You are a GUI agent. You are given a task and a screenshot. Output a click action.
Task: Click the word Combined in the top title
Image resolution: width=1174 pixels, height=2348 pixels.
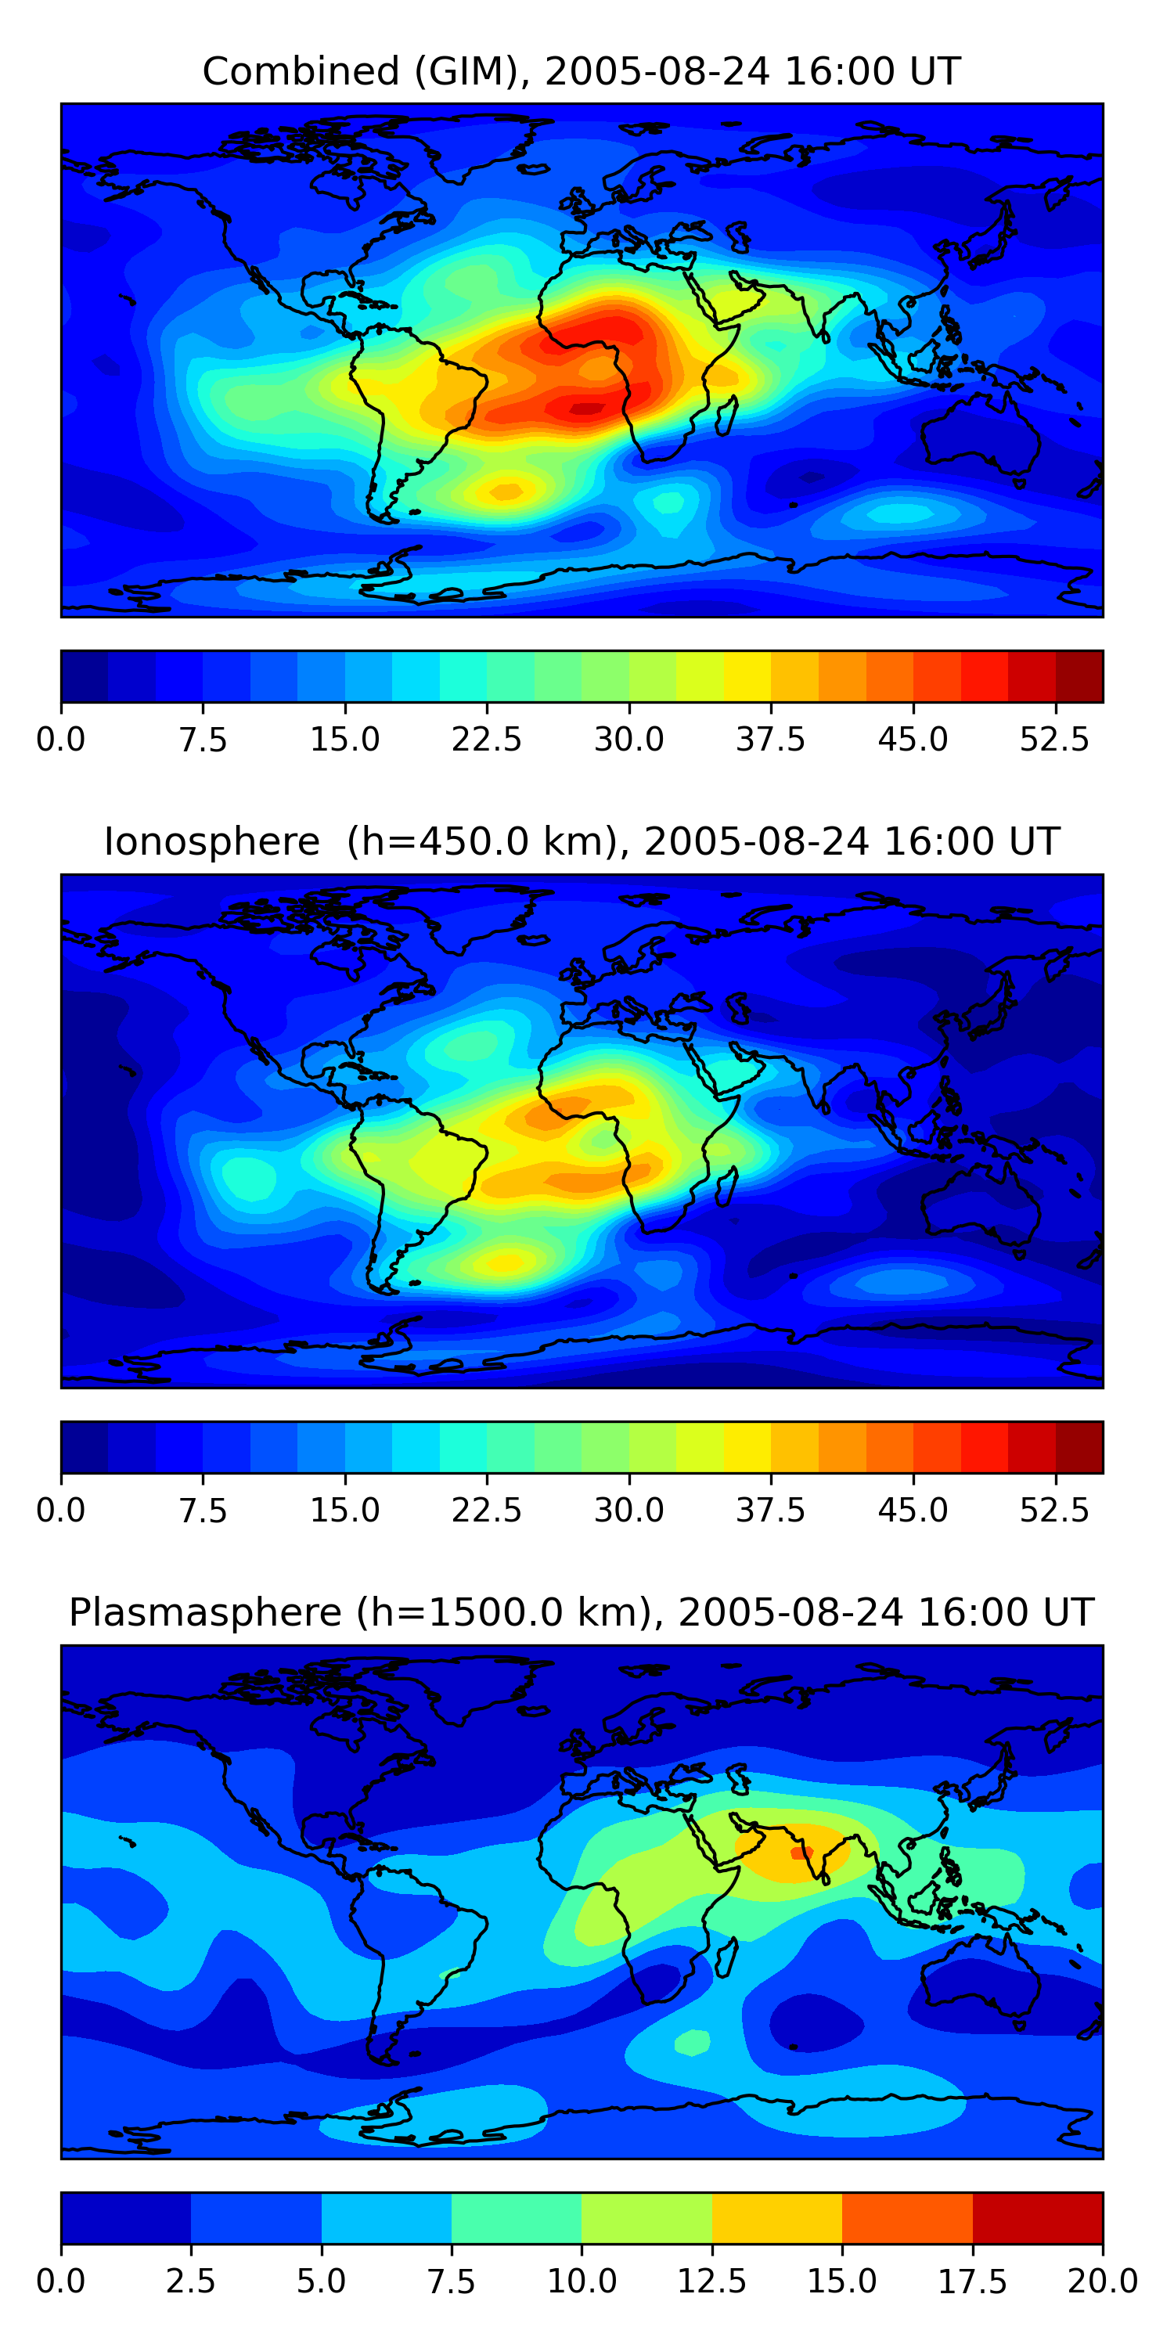point(301,71)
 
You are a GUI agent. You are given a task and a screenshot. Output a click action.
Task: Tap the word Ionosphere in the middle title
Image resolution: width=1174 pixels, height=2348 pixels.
point(211,841)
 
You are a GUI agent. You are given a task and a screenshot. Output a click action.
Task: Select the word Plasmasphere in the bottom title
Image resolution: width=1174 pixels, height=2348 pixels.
point(205,1612)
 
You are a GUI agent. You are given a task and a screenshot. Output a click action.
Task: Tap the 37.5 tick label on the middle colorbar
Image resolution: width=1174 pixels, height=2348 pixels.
point(771,1511)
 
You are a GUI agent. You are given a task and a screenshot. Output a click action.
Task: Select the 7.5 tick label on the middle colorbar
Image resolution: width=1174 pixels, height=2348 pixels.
point(203,1511)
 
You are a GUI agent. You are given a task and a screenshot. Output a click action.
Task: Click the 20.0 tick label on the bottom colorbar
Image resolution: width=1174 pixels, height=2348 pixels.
point(1103,2281)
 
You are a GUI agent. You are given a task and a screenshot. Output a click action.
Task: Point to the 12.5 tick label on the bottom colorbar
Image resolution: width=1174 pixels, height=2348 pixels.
point(712,2281)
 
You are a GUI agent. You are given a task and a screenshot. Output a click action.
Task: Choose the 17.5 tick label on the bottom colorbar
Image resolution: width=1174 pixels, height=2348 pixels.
point(973,2281)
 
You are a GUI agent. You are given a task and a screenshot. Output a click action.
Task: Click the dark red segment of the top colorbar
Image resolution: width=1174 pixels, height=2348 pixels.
point(1079,676)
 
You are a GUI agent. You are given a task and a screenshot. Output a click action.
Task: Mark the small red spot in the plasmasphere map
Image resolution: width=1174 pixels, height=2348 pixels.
point(801,1852)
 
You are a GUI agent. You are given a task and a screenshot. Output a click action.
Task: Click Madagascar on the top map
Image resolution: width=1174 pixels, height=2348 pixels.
point(726,415)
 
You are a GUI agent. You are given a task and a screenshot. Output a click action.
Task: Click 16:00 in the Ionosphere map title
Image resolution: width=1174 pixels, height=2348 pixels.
point(921,841)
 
